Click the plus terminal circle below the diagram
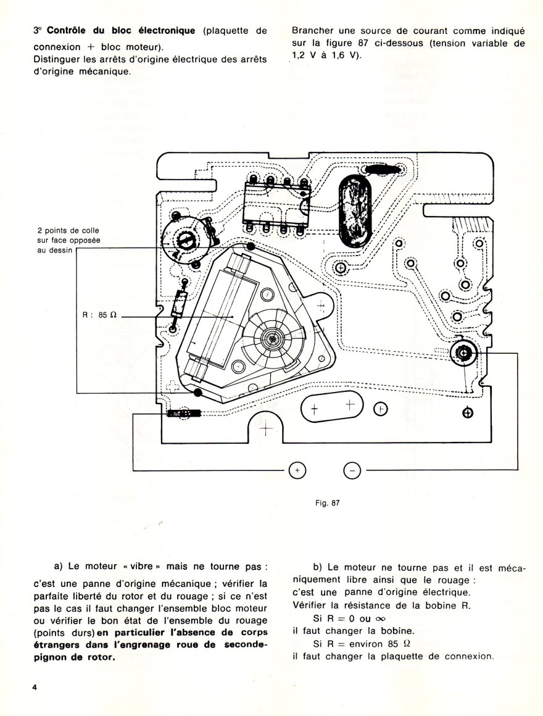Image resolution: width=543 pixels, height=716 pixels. (x=297, y=471)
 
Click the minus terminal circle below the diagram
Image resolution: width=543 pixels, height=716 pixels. (x=351, y=471)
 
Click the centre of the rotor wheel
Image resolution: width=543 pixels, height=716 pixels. (x=273, y=338)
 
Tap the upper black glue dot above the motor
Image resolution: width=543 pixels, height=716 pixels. (x=251, y=247)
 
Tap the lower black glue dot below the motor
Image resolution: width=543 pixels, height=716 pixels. (x=197, y=393)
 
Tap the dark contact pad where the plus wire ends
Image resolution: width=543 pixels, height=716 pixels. (x=181, y=414)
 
